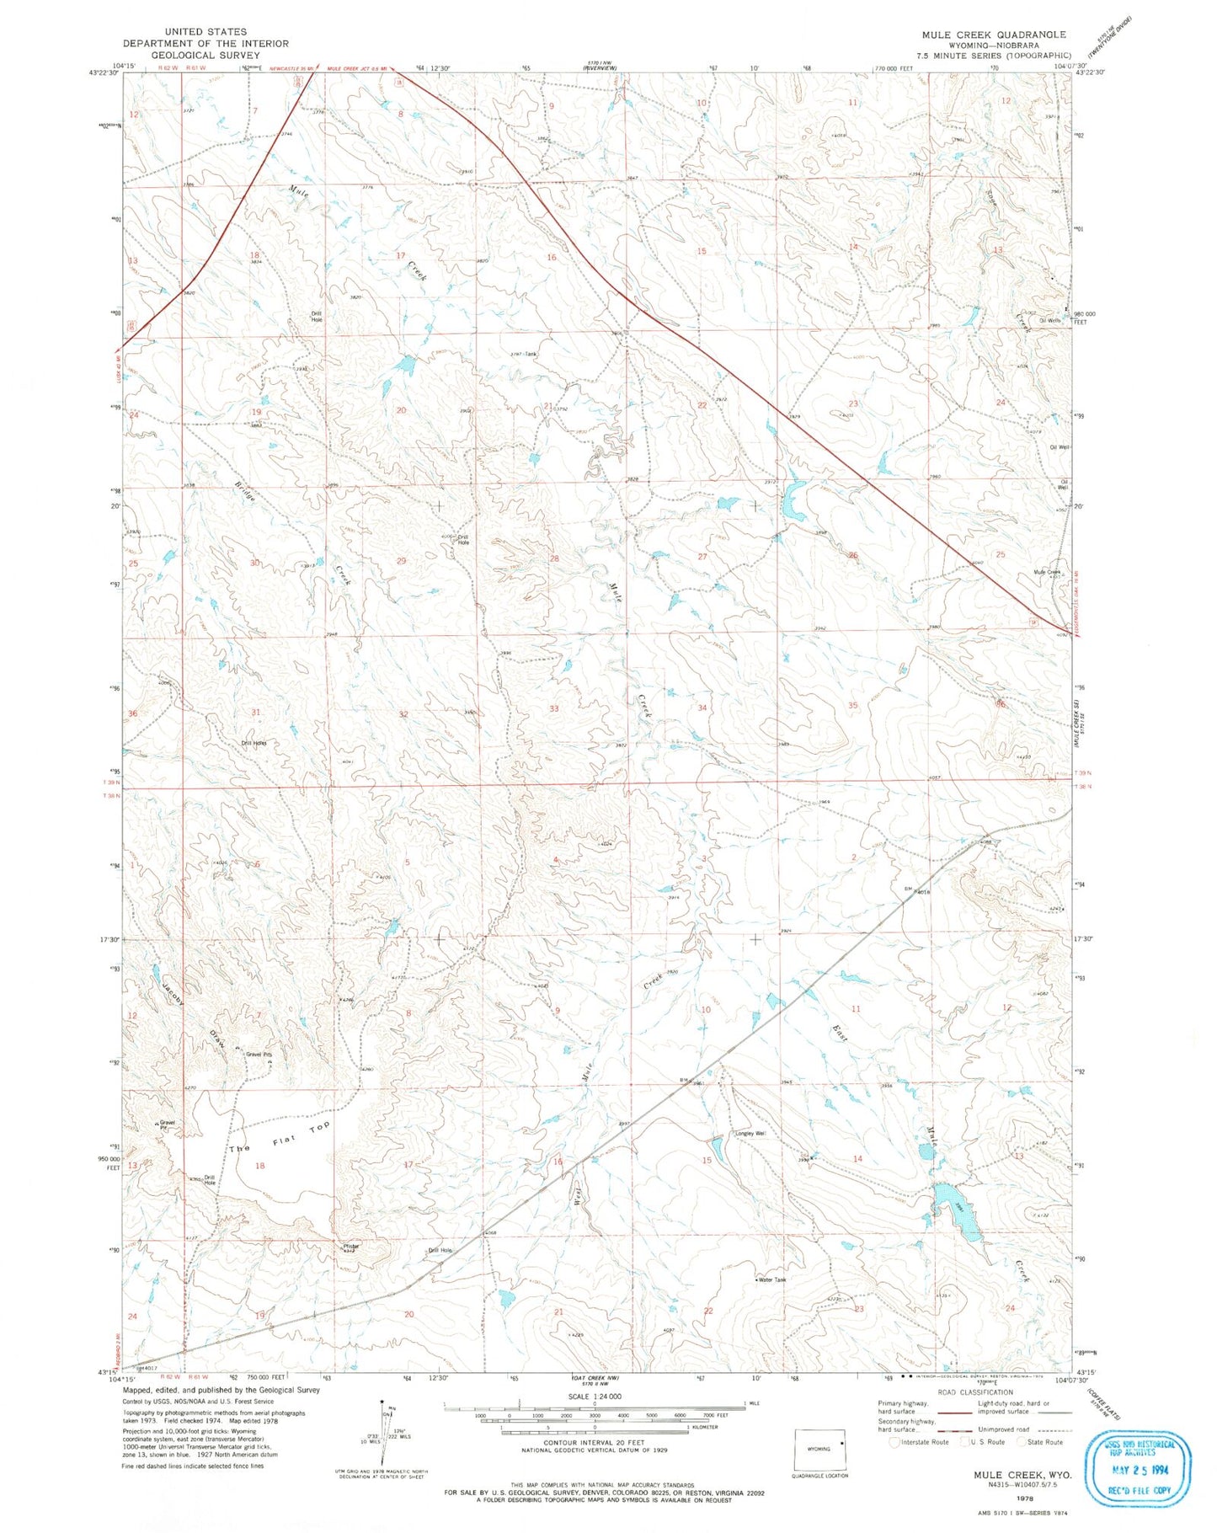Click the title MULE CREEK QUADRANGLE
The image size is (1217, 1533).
point(993,35)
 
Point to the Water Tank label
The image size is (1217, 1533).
point(771,1279)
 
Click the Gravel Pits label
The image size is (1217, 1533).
point(259,1054)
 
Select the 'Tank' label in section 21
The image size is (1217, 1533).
point(530,354)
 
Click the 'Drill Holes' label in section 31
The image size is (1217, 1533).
point(254,743)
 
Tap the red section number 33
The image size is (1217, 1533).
point(553,708)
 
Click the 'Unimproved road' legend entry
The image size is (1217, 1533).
point(1011,1429)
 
